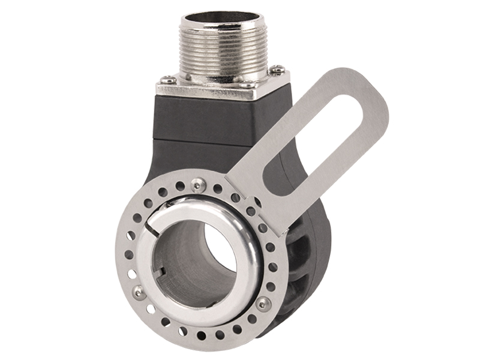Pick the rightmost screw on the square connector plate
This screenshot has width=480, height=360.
tap(277, 70)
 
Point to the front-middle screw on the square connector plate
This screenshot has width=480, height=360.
tap(245, 85)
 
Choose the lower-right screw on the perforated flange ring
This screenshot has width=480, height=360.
tap(262, 303)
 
